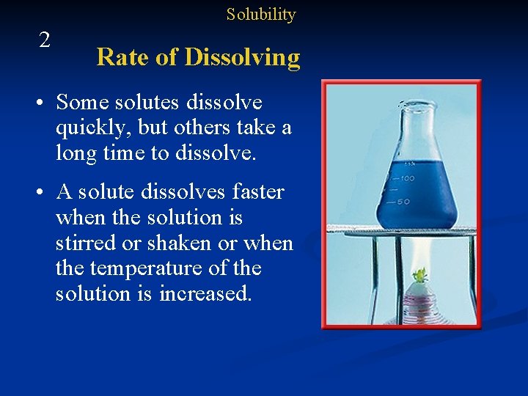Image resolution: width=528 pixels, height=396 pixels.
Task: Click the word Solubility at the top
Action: point(260,15)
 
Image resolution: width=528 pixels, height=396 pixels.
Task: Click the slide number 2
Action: point(45,40)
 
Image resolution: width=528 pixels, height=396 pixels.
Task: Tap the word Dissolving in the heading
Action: point(243,58)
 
